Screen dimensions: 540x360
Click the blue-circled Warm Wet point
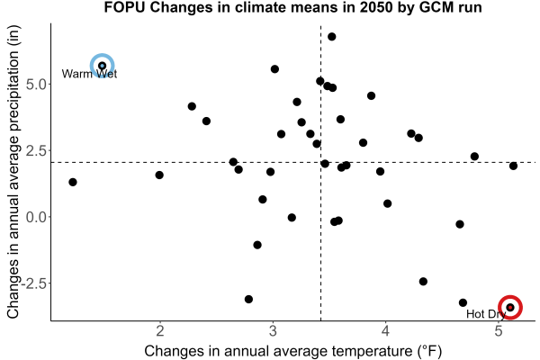click(x=103, y=66)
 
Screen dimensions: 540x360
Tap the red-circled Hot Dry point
click(x=510, y=307)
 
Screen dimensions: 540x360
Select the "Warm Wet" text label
click(x=89, y=74)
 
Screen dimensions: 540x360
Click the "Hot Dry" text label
click(x=486, y=314)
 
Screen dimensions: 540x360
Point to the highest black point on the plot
click(x=331, y=37)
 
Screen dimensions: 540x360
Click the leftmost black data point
click(x=73, y=182)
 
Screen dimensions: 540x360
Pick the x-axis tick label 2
click(x=160, y=331)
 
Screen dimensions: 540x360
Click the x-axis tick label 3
click(x=273, y=331)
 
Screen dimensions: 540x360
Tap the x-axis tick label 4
click(x=386, y=331)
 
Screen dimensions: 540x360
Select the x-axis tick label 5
click(x=499, y=331)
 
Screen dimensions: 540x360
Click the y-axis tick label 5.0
click(x=36, y=85)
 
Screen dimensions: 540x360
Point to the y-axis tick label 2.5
click(x=36, y=151)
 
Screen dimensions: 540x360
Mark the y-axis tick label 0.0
click(x=36, y=218)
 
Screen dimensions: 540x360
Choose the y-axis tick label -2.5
click(x=33, y=283)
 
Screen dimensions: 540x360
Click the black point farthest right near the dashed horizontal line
click(x=513, y=166)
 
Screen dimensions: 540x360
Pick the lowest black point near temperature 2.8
click(x=248, y=299)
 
